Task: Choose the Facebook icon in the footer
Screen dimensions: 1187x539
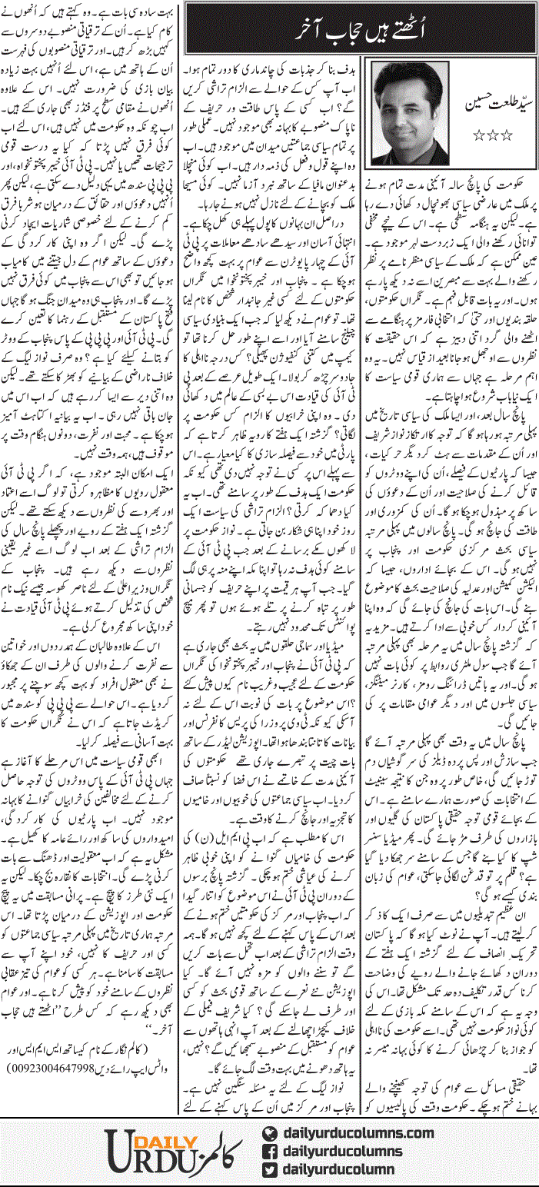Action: coord(268,1151)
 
